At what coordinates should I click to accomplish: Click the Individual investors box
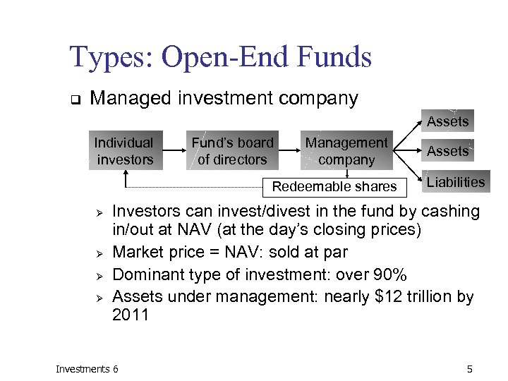pyautogui.click(x=124, y=151)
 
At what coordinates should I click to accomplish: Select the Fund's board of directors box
pyautogui.click(x=232, y=151)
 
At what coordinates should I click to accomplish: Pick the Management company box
pyautogui.click(x=346, y=151)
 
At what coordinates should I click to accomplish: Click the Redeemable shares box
pyautogui.click(x=334, y=186)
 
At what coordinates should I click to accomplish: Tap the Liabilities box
pyautogui.click(x=456, y=182)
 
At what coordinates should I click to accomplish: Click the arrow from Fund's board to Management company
pyautogui.click(x=287, y=150)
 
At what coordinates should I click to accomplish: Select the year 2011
pyautogui.click(x=131, y=315)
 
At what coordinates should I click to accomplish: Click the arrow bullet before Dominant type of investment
pyautogui.click(x=100, y=275)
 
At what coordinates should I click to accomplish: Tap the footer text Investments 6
pyautogui.click(x=87, y=369)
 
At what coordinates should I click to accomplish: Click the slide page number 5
pyautogui.click(x=469, y=369)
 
